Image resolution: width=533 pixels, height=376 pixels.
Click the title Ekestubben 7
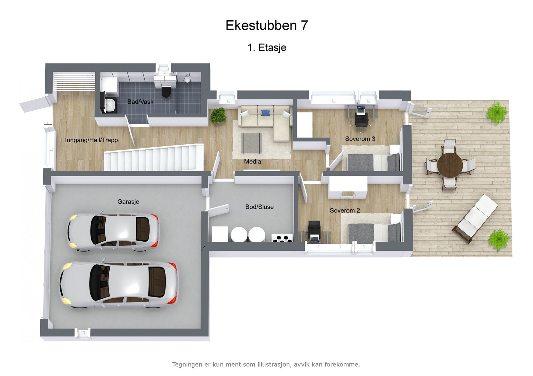pos(266,26)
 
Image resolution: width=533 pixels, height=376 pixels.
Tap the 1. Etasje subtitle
pos(266,48)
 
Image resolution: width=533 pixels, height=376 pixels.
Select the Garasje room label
pos(128,201)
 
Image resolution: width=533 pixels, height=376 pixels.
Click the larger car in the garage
pos(119,284)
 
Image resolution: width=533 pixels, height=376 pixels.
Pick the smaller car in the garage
pos(113,231)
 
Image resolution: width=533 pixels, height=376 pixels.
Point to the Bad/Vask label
pos(140,102)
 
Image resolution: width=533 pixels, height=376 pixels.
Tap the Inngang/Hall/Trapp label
pos(91,140)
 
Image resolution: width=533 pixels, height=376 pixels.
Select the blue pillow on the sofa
pos(265,113)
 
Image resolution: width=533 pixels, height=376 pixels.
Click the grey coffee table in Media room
pos(252,141)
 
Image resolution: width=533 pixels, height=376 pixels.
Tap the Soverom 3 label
pos(360,139)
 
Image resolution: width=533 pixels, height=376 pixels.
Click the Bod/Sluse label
pos(259,207)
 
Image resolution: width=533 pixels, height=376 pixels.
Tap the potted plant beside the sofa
pos(218,115)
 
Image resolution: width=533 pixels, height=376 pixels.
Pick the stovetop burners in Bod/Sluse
pos(282,238)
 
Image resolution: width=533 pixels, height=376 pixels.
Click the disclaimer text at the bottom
pos(266,364)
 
